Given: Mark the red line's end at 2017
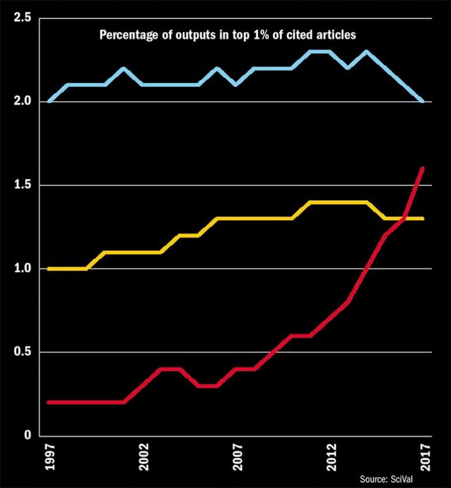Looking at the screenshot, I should [x=423, y=168].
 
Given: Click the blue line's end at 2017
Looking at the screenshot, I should [x=423, y=102].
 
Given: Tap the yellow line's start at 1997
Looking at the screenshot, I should [x=49, y=269].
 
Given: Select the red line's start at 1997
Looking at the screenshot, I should [x=49, y=402].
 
